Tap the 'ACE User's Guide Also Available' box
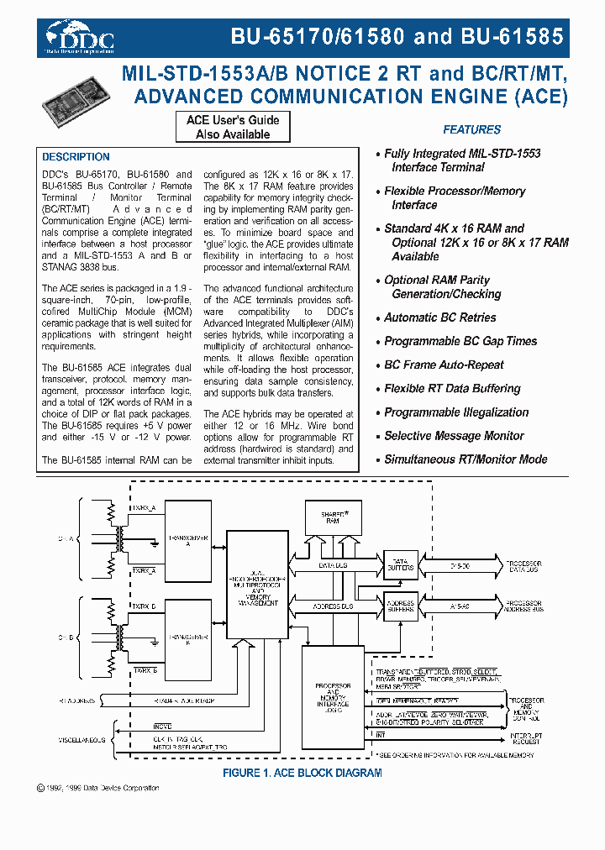[x=233, y=127]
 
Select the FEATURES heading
[x=471, y=129]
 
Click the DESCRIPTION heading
[x=76, y=157]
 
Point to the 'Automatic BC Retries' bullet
[x=439, y=317]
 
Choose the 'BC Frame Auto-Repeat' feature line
[x=444, y=365]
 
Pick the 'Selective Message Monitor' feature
[x=454, y=436]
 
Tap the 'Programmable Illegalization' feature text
[x=456, y=412]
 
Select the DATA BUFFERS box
[x=400, y=564]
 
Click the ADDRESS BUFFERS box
[x=400, y=606]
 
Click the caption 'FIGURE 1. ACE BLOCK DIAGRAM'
[x=302, y=773]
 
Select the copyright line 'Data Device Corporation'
[x=99, y=788]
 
